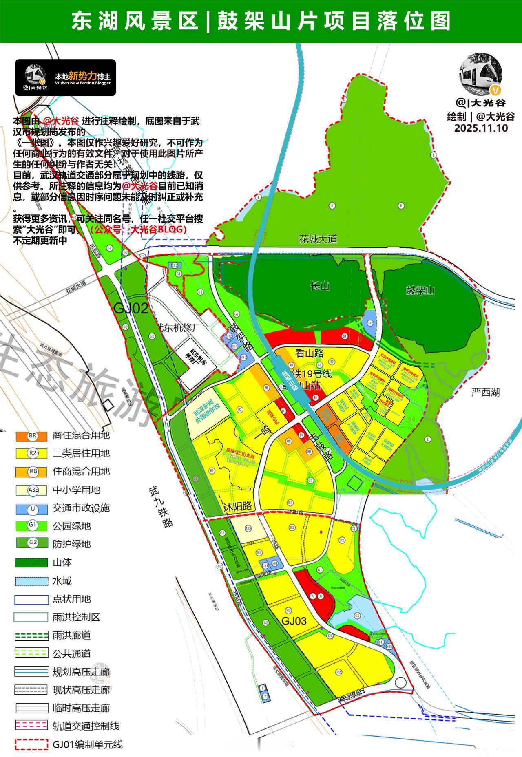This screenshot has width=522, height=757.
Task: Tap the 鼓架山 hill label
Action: (x=420, y=290)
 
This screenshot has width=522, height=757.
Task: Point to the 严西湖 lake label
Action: (x=485, y=393)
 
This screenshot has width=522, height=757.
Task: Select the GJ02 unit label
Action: (x=130, y=309)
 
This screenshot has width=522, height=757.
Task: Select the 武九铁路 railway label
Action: (x=161, y=505)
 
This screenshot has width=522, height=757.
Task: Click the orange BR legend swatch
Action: (x=32, y=435)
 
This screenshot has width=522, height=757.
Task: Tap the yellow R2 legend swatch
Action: (x=32, y=453)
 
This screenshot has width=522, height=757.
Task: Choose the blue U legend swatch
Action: (x=32, y=508)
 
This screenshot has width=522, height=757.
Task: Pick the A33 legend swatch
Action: (x=32, y=490)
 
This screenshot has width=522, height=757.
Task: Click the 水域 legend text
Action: (x=62, y=581)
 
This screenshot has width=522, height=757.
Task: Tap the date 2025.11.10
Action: (x=481, y=128)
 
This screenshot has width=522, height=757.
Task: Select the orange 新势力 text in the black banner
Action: (x=83, y=76)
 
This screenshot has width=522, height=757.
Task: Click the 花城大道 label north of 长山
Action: (x=318, y=238)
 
